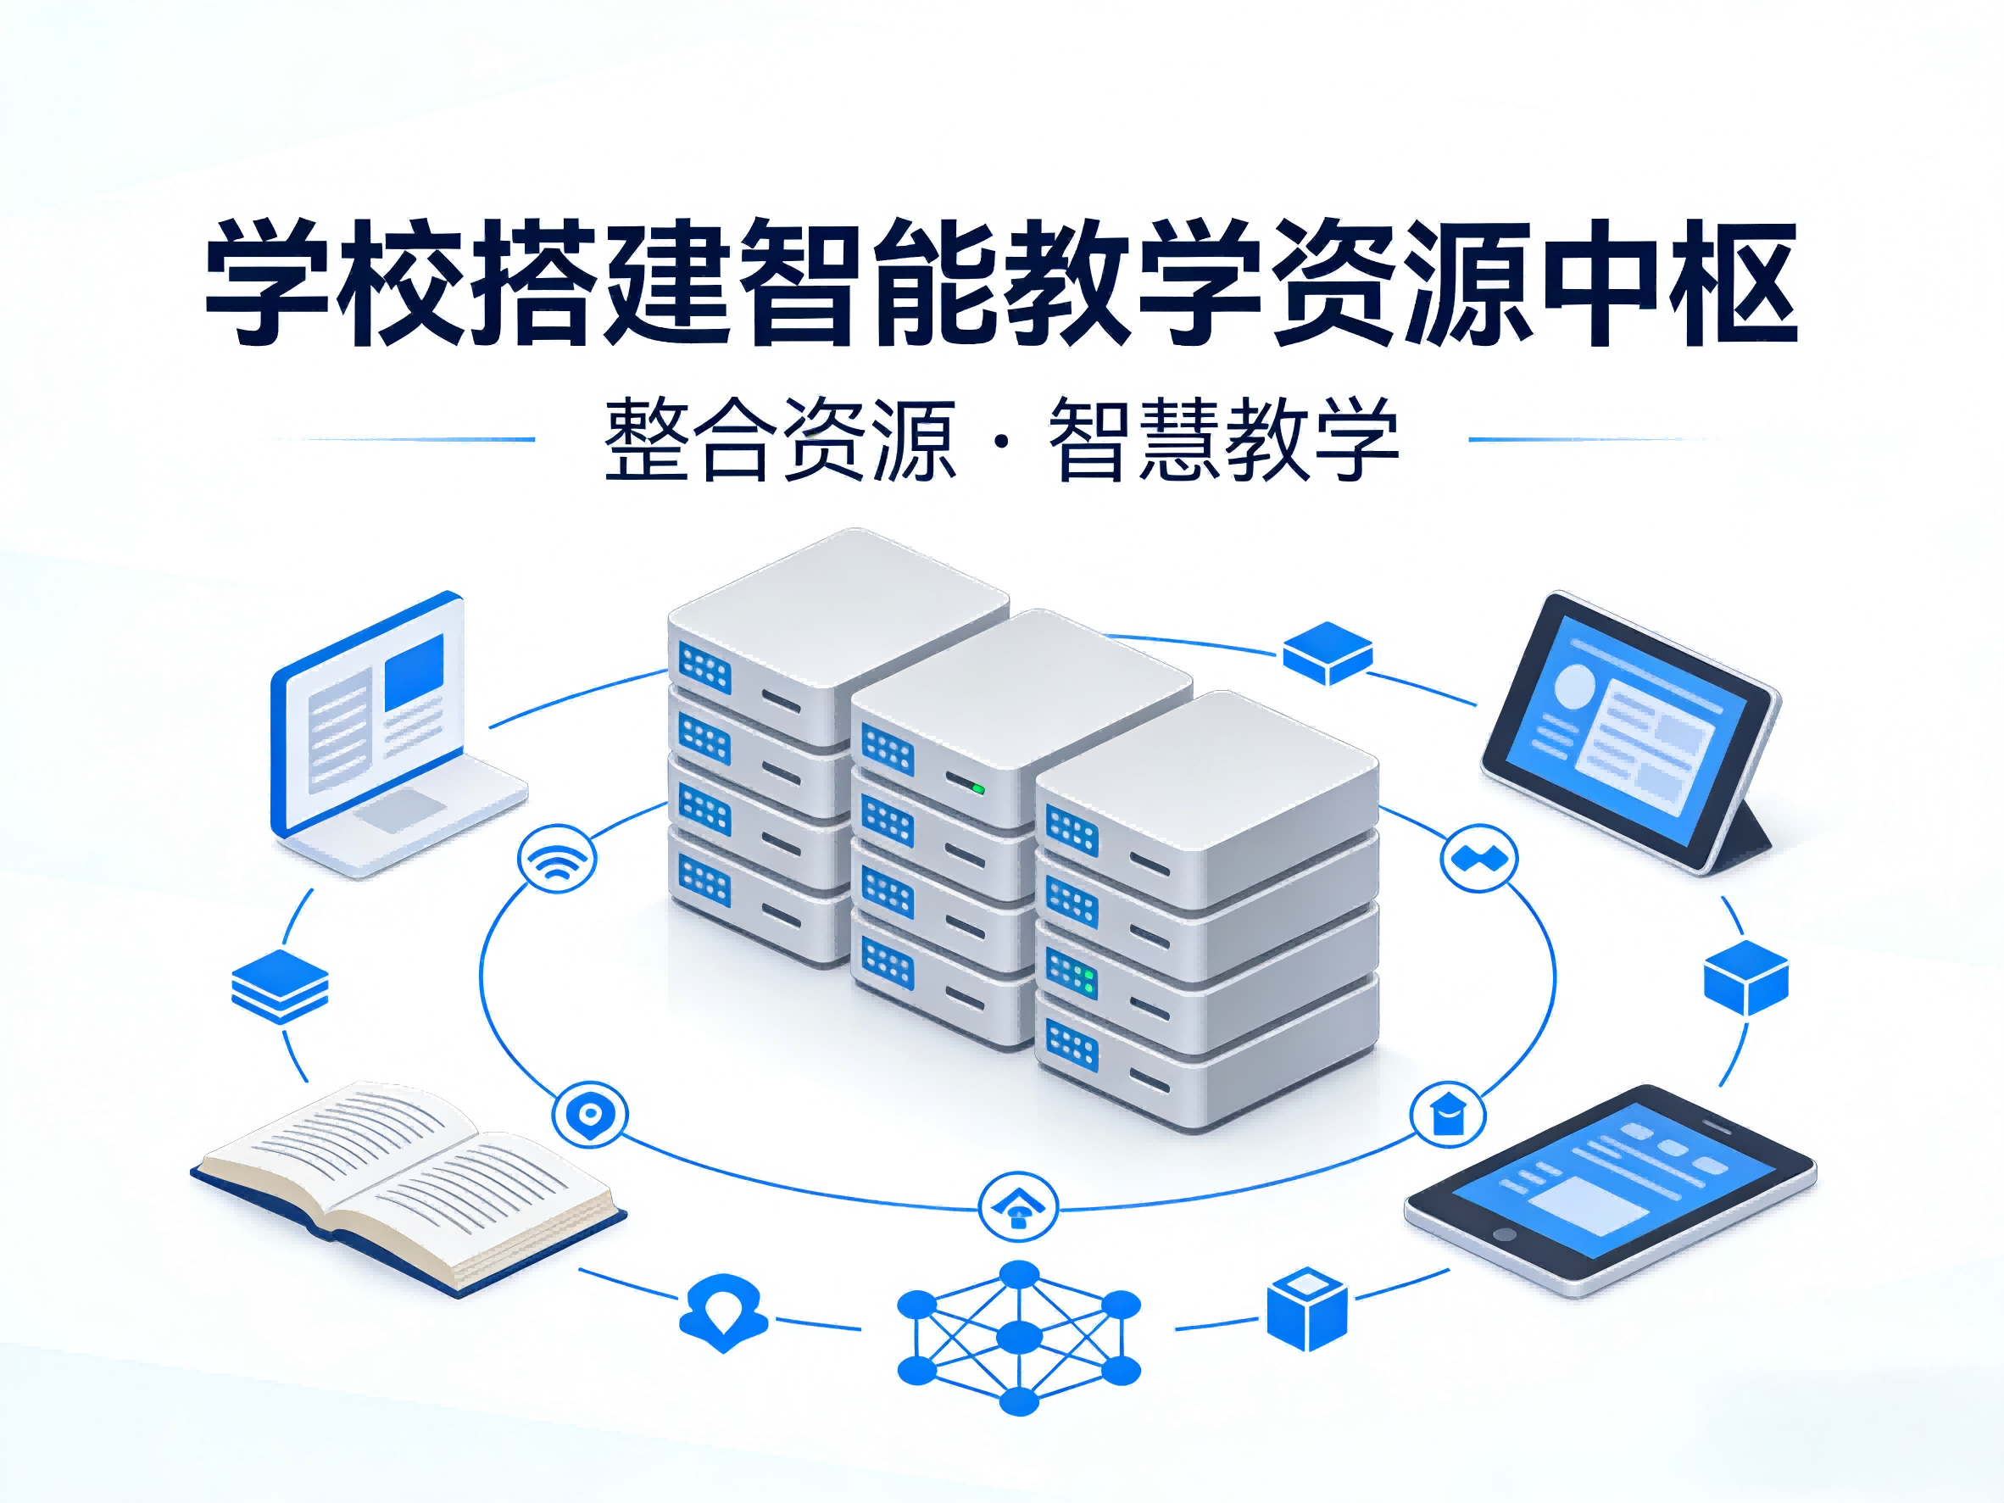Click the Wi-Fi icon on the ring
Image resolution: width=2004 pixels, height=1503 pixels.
point(556,857)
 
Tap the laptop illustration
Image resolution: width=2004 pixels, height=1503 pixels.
point(390,734)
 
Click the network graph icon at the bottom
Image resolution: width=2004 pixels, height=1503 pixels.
point(1018,1336)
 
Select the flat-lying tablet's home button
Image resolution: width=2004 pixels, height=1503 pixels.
point(1504,1234)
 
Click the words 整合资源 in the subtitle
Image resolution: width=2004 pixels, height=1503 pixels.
point(779,440)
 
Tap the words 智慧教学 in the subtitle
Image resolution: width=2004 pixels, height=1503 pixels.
point(1223,440)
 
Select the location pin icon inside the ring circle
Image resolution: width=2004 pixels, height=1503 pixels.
point(590,1113)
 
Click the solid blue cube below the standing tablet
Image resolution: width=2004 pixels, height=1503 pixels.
point(1745,977)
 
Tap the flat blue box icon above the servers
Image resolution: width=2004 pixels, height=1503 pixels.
point(1328,651)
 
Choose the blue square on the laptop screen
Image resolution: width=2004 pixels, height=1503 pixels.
point(414,672)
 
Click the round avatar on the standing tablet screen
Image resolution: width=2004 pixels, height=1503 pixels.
point(1574,686)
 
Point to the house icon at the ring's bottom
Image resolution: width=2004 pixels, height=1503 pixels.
point(1017,1208)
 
